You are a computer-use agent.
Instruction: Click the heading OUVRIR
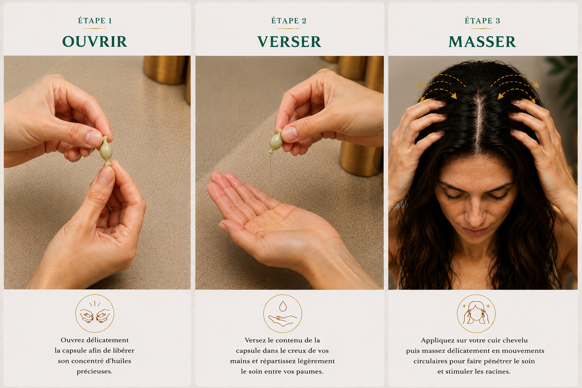pos(95,41)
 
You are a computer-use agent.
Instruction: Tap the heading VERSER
pos(289,41)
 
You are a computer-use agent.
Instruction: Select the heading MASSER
pos(482,41)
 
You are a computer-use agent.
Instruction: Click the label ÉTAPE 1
pos(95,21)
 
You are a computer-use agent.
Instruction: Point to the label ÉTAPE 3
pos(482,21)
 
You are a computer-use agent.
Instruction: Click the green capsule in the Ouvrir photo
pos(106,151)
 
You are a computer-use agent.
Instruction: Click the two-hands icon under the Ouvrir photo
pos(95,313)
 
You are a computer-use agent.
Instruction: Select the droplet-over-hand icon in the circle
pos(283,314)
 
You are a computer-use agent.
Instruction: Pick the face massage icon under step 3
pos(476,314)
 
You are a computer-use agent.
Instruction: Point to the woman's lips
pos(474,231)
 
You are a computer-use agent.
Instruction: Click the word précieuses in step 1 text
pos(95,371)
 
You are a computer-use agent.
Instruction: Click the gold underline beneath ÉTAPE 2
pos(289,28)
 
